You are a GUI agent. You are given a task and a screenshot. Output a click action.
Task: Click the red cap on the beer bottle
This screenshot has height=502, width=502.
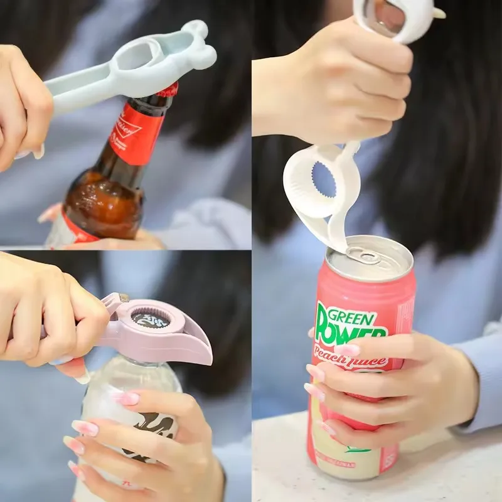(168, 90)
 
